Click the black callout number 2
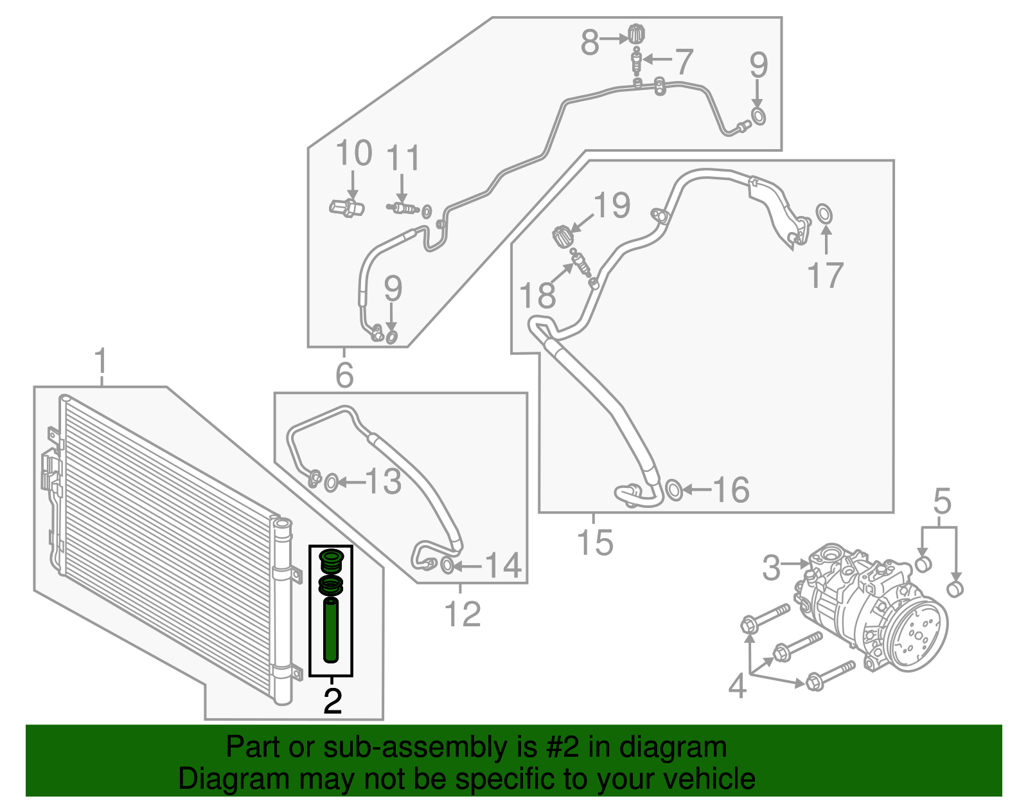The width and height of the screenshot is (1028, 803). point(332,701)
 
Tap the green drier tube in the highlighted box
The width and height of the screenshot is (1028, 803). point(331,629)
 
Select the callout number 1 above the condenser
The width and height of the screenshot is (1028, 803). point(101,363)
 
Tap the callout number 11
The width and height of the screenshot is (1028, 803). point(403,158)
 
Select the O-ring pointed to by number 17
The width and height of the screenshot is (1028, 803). point(824,213)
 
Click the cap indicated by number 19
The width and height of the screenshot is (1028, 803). point(562,235)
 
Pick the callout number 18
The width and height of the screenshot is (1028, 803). point(538,296)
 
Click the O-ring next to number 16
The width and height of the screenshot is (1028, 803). point(673,490)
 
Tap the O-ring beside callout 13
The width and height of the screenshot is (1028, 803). point(331,483)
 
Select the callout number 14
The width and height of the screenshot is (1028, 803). point(503,566)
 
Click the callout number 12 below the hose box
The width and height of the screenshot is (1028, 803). point(463,614)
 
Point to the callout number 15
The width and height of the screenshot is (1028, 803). point(595,543)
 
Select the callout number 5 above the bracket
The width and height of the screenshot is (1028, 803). point(942,501)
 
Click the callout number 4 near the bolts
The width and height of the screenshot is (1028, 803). point(738,686)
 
